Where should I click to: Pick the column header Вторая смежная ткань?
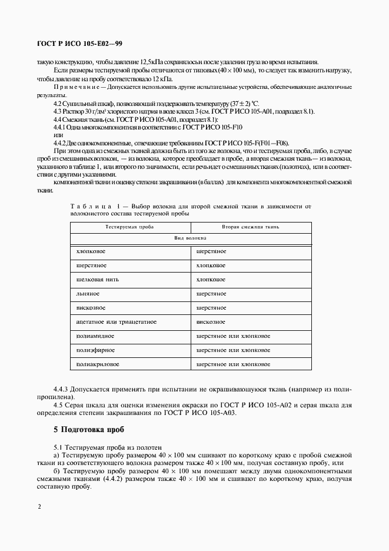pos(250,227)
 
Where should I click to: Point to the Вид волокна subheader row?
pos(189,238)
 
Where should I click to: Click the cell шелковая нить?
pos(95,279)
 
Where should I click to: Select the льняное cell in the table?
pos(88,293)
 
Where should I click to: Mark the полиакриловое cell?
pos(98,364)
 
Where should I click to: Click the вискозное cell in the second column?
pos(211,321)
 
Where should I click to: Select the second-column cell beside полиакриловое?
pos(233,364)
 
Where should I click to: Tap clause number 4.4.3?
pos(62,389)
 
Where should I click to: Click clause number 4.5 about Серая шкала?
pos(59,404)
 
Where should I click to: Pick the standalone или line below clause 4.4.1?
pos(58,135)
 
